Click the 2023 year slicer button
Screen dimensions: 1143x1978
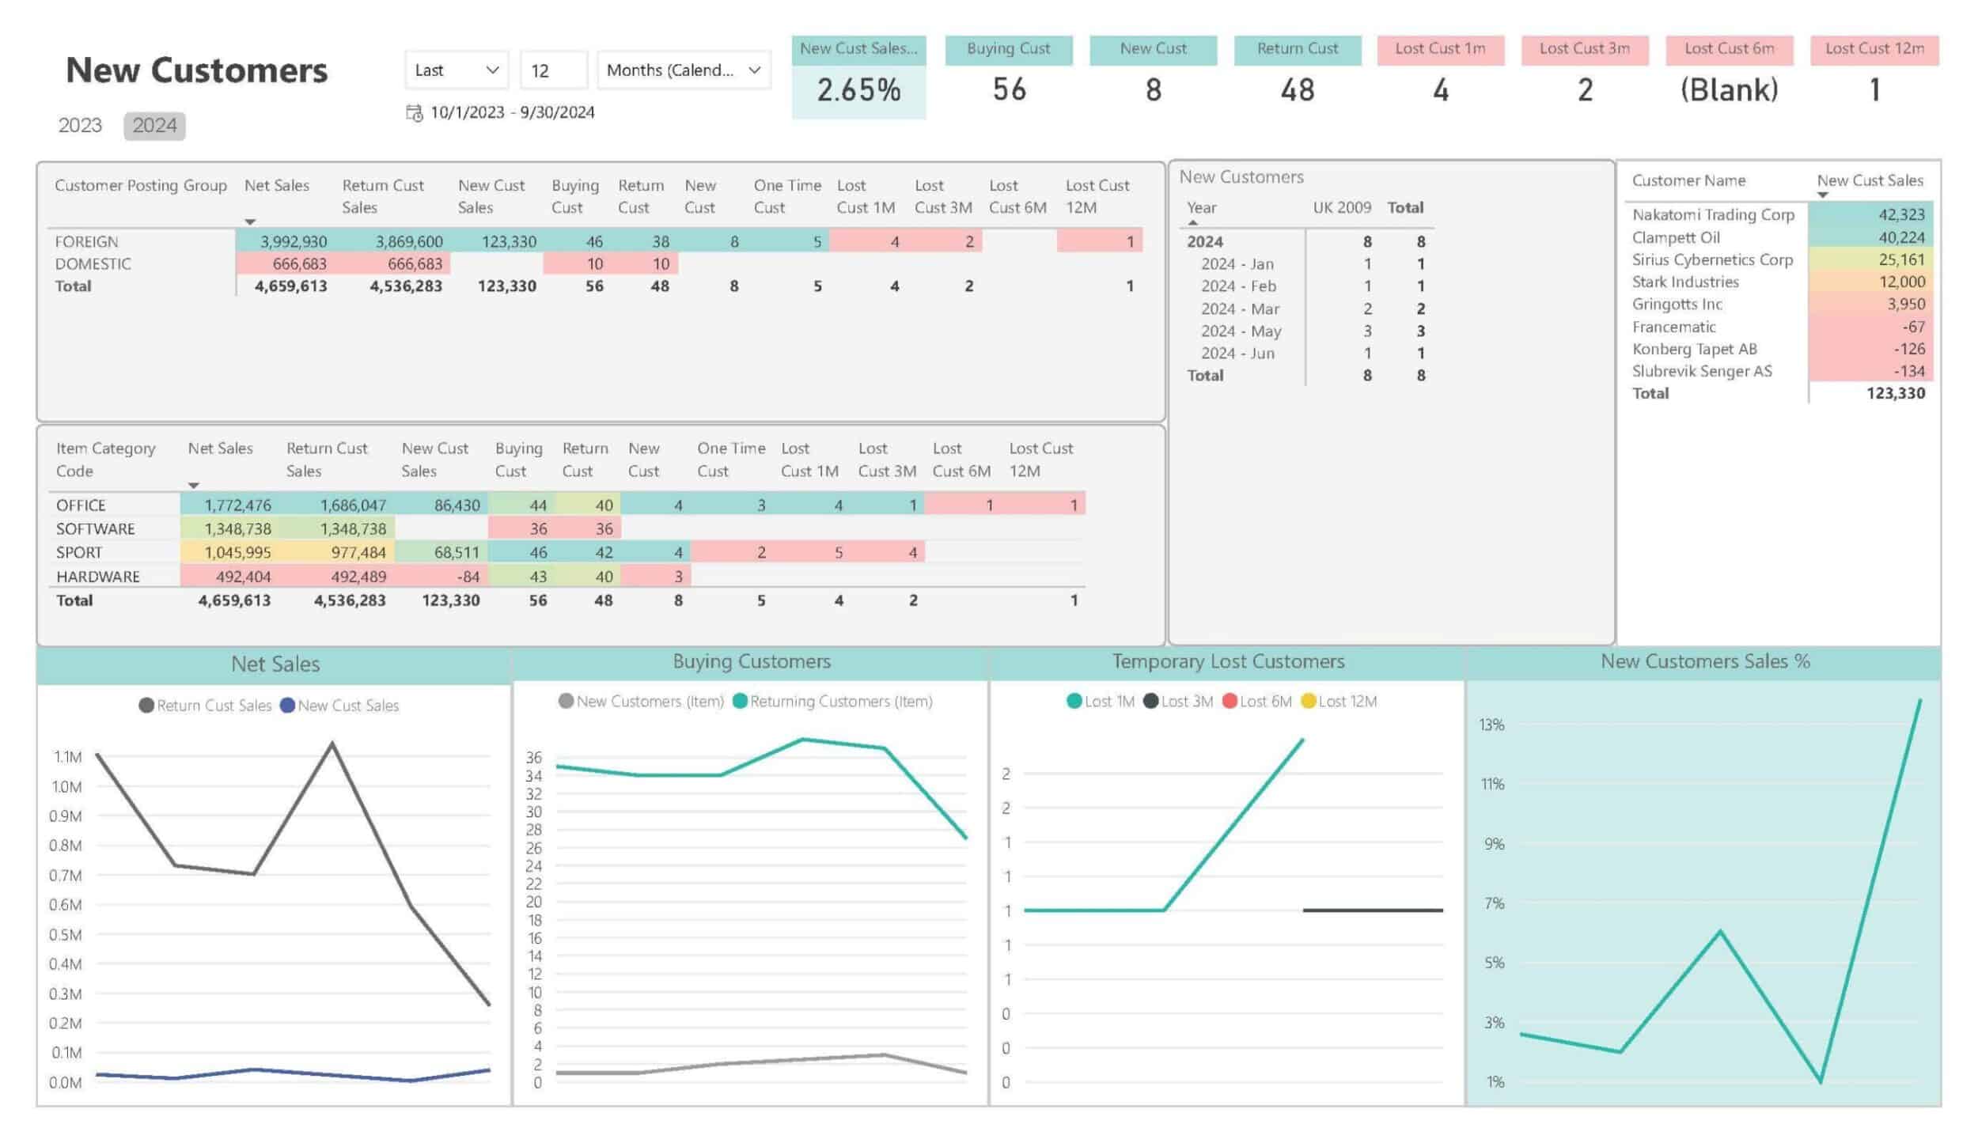[80, 126]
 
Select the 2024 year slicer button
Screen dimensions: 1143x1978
[154, 126]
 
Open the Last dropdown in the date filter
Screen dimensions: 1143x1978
[457, 70]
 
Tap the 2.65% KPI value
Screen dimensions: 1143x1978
[858, 90]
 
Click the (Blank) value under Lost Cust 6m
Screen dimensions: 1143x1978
[1729, 90]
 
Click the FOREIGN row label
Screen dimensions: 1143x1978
[86, 242]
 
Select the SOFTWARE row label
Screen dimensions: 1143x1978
[95, 529]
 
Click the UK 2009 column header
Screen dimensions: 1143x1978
[1342, 208]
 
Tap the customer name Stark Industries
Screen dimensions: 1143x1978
[1685, 282]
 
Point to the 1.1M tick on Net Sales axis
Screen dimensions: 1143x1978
[67, 757]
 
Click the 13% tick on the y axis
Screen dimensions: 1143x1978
[1491, 725]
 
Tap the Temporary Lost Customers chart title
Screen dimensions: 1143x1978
[1228, 661]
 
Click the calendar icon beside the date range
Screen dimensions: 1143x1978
[414, 113]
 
